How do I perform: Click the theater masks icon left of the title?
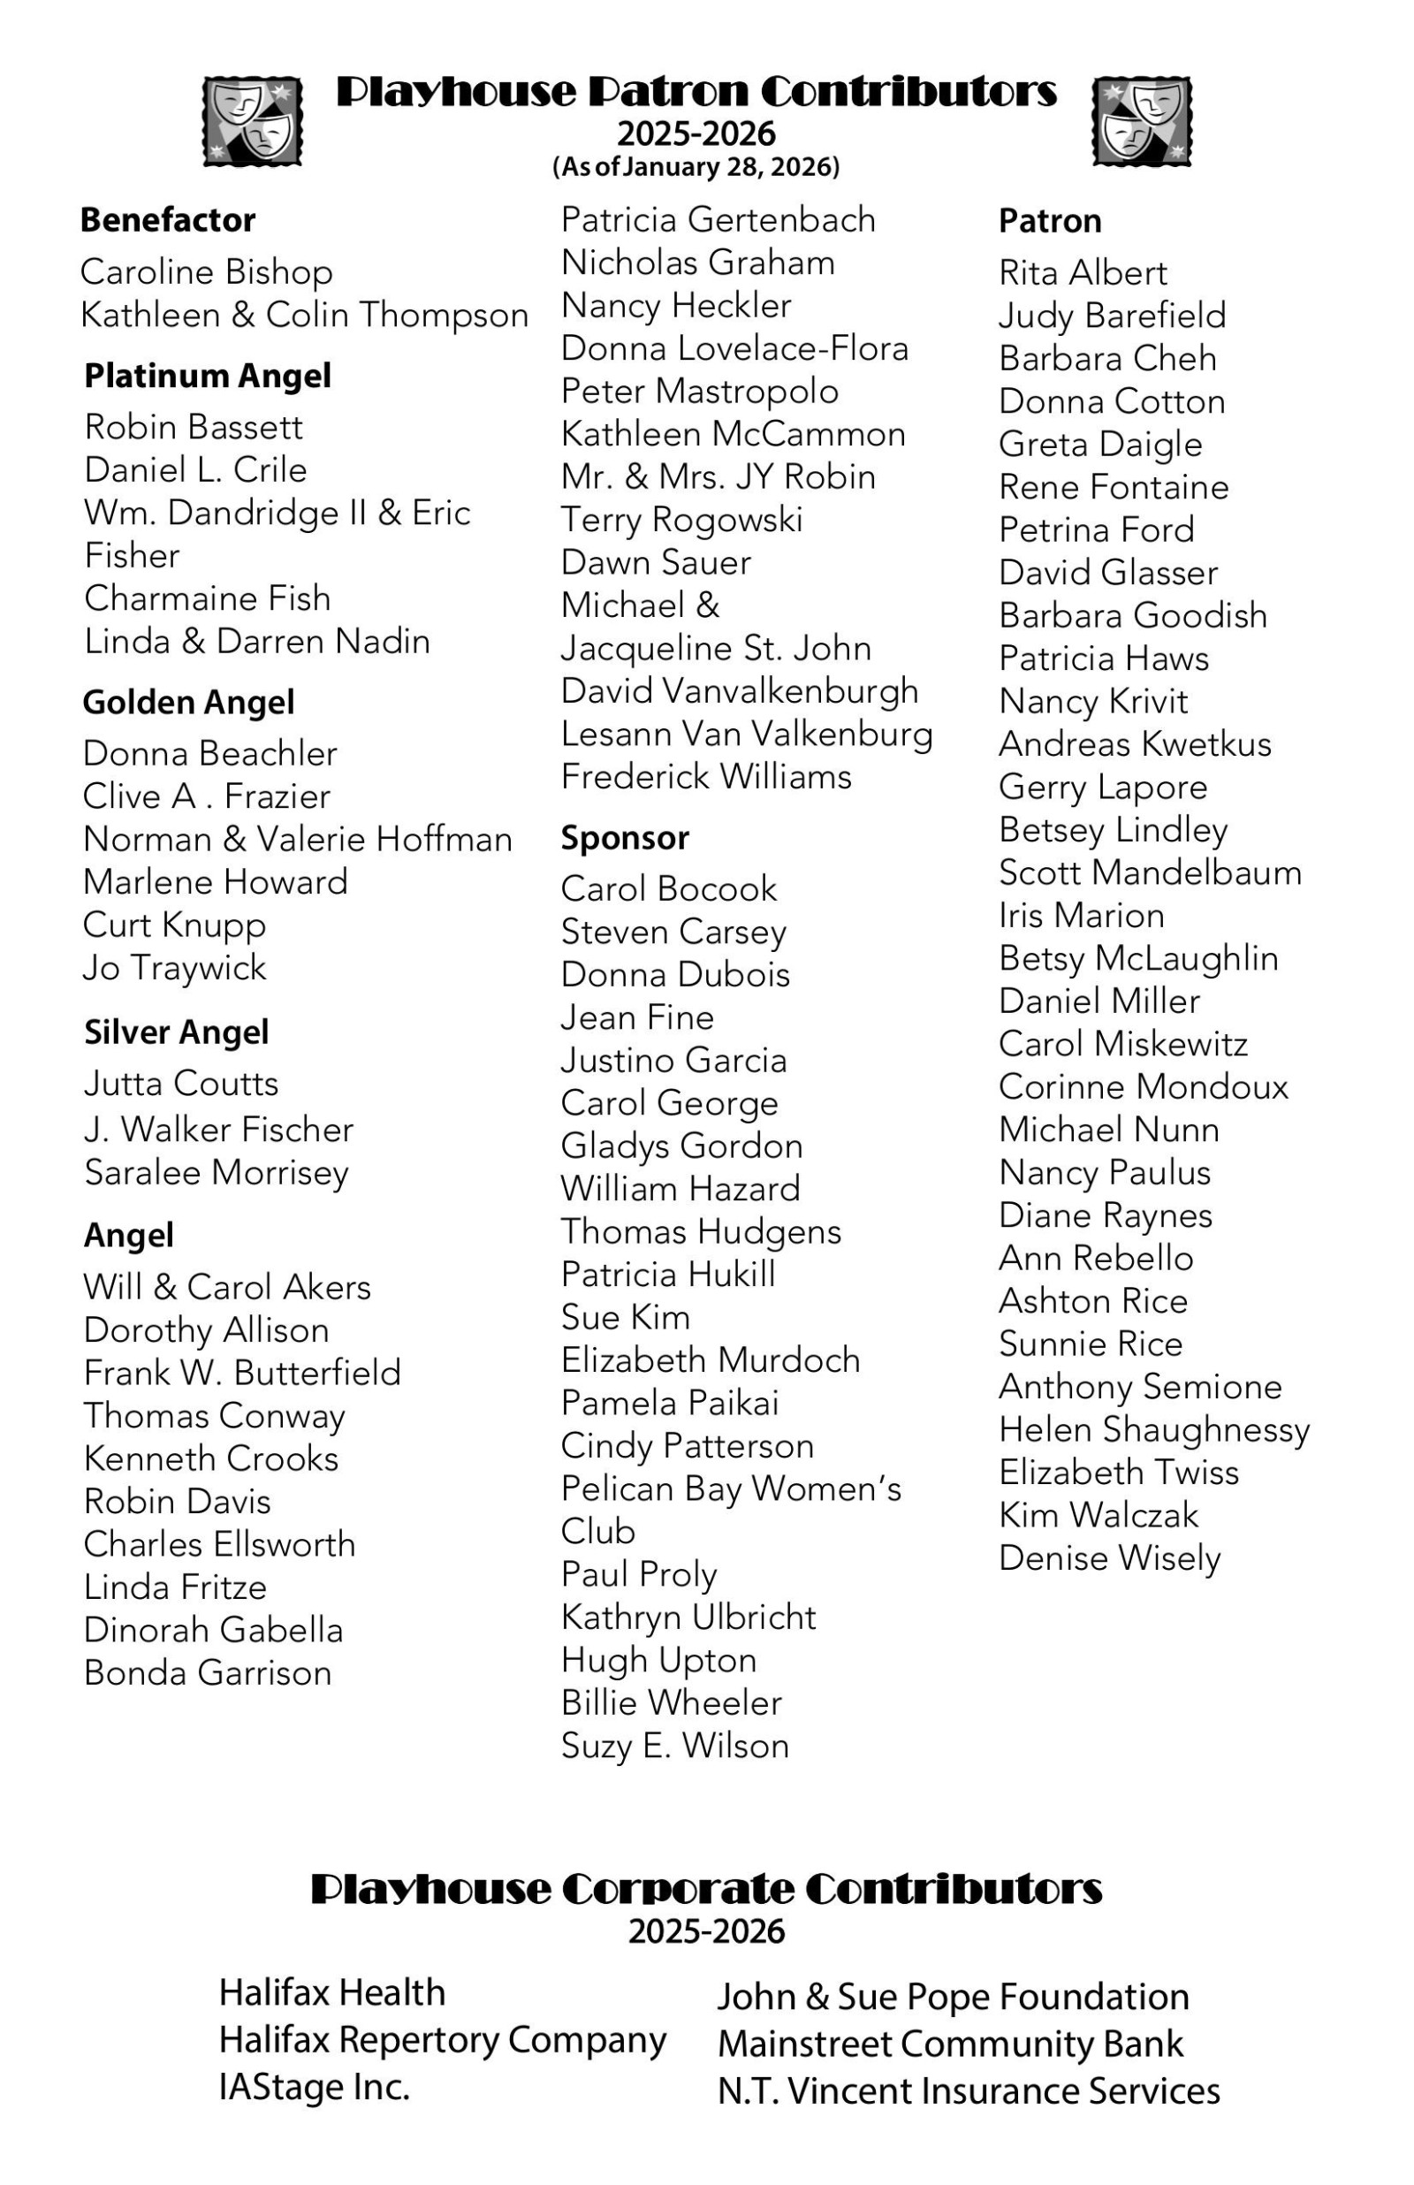tap(253, 121)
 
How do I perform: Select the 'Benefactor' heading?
tap(167, 220)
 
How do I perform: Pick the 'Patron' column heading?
tap(1050, 221)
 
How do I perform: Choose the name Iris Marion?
tap(1082, 916)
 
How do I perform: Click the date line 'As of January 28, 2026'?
tap(696, 167)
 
